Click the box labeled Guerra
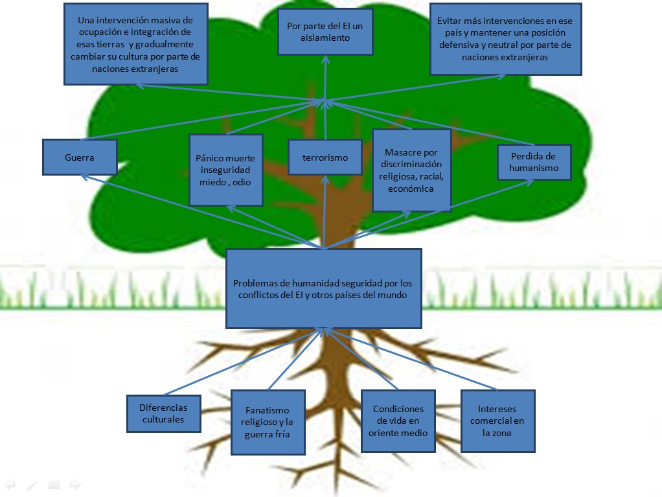coord(80,157)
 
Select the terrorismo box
coord(325,157)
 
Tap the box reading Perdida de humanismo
coord(534,162)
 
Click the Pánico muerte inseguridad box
coord(225,170)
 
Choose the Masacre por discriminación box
coord(412,170)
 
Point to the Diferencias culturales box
coord(163,413)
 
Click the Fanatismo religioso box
coord(267,422)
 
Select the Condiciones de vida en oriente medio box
coord(398,421)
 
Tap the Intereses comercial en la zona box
coord(497,421)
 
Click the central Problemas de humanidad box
coord(323,289)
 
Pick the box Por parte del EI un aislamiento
coord(325,32)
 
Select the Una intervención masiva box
coord(135,44)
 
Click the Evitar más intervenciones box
coord(505,39)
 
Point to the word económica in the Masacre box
coord(411,189)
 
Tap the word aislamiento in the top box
coord(325,38)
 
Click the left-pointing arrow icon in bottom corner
coord(10,484)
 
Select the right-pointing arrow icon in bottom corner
coord(74,484)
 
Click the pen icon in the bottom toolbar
coord(32,484)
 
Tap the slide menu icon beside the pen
coord(54,484)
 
